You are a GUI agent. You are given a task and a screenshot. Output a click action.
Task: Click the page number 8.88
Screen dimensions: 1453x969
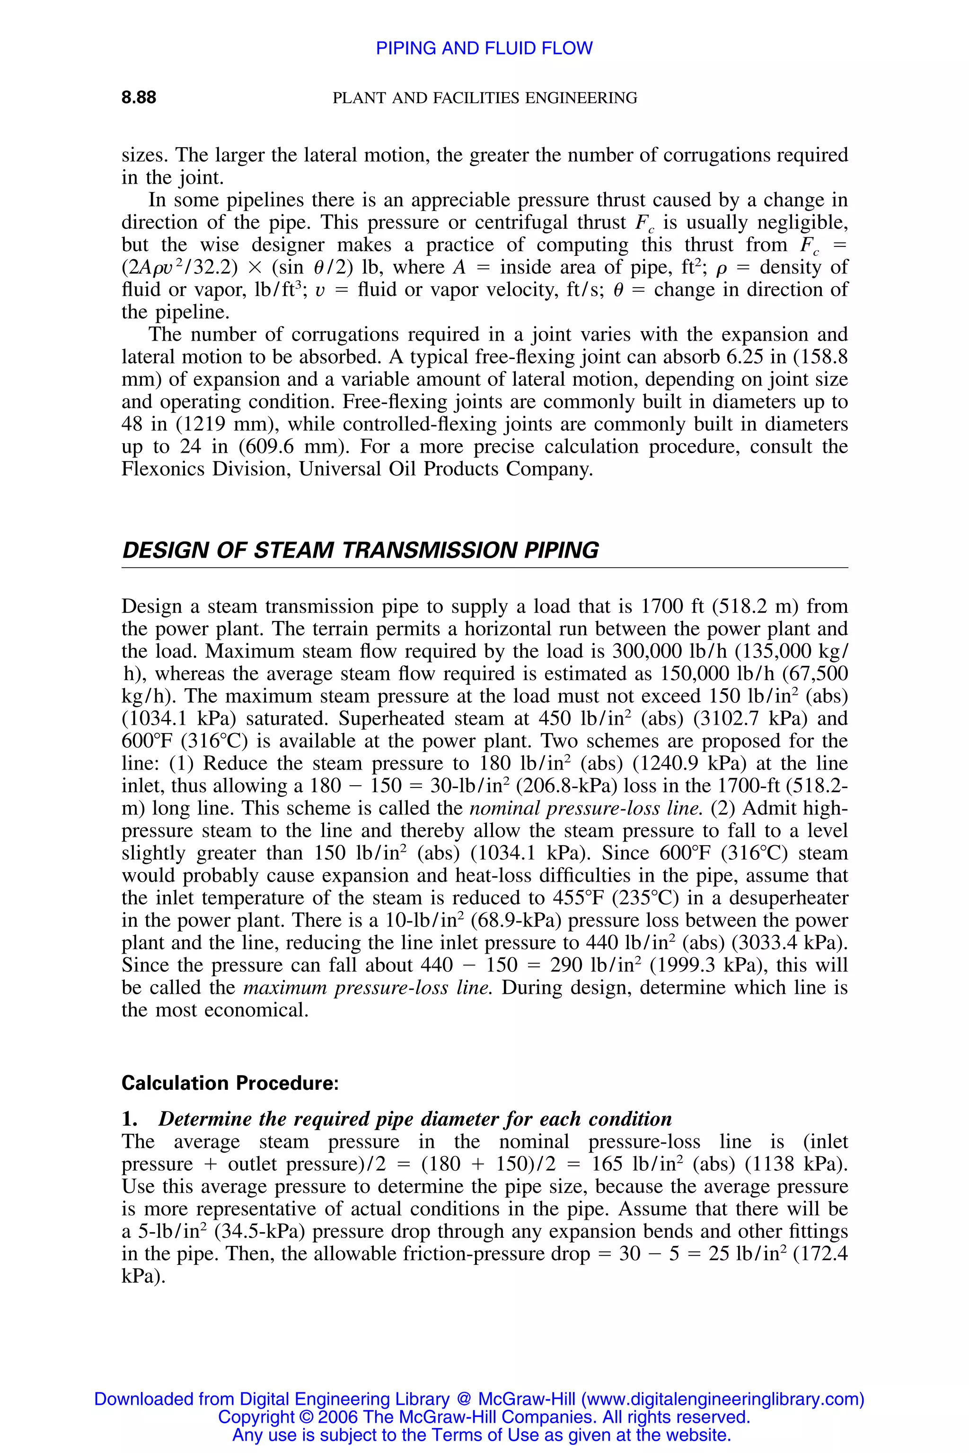click(139, 97)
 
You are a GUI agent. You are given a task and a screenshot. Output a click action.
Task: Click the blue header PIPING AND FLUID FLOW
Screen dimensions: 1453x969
click(484, 48)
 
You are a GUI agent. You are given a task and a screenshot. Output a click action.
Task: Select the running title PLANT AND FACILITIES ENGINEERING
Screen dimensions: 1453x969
click(484, 97)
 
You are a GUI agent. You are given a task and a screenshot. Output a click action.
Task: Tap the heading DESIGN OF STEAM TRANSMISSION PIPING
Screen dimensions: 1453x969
click(360, 550)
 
